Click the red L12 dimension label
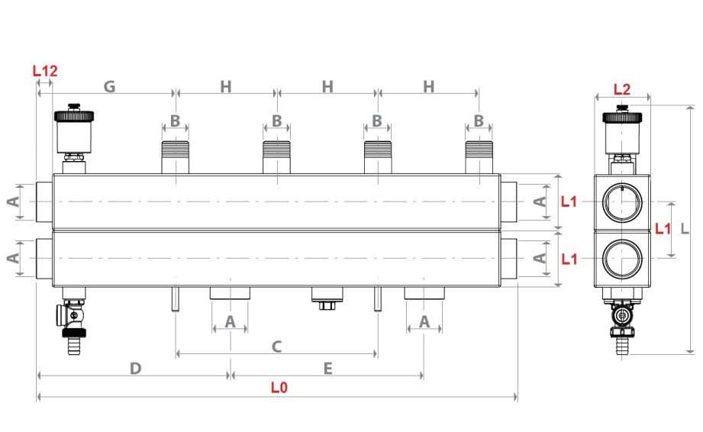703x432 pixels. click(45, 71)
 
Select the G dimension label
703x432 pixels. click(110, 87)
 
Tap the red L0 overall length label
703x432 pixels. click(279, 387)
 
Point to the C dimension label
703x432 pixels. click(277, 346)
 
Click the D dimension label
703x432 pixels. click(135, 368)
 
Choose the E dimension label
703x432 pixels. click(327, 368)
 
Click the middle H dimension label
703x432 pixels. click(327, 87)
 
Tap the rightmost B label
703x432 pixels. click(479, 121)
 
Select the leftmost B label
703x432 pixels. click(175, 121)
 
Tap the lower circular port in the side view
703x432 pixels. click(622, 259)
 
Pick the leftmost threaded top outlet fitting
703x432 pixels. click(175, 157)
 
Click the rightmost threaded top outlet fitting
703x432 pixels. click(479, 157)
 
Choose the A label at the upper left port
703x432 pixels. click(12, 201)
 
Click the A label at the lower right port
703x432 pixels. click(540, 259)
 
